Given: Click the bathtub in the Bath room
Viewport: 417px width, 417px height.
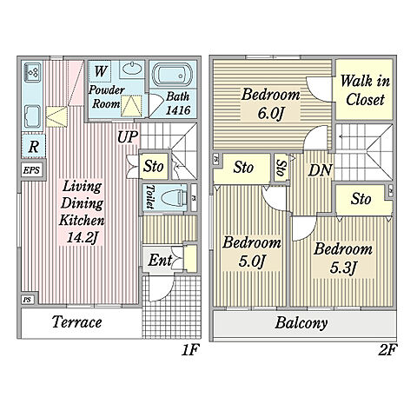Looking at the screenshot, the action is (173, 75).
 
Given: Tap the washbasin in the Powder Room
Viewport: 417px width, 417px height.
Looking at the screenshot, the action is (132, 69).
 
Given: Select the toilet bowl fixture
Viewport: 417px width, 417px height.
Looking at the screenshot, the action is (173, 198).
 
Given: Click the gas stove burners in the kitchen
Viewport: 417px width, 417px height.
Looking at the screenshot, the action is (33, 72).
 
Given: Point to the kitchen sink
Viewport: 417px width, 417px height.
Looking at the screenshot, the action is (33, 116).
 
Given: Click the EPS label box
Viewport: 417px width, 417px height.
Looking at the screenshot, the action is (31, 170).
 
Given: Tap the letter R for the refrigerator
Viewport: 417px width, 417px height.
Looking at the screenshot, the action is (33, 147).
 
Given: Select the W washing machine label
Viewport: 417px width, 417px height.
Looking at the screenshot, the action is (101, 71).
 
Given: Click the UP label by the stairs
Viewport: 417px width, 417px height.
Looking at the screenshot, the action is (128, 136).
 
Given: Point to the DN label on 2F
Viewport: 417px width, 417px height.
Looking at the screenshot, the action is (320, 170).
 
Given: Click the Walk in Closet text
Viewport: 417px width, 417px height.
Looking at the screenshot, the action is (365, 90).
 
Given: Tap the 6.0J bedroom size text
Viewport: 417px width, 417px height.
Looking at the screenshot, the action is (269, 113).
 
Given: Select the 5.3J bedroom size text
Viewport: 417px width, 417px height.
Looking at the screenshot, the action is (342, 268).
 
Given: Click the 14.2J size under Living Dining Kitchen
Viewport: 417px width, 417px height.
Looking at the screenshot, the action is (82, 238).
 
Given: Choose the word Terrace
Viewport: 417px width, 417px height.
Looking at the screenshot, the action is (77, 322).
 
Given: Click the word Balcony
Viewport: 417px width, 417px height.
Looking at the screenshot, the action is (301, 323).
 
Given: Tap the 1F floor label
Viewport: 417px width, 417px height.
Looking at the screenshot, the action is (190, 350).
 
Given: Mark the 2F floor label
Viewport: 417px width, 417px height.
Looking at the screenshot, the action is (387, 350).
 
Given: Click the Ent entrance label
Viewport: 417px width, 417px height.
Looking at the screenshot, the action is (160, 260).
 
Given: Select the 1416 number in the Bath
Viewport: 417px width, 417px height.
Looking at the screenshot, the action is (178, 110).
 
